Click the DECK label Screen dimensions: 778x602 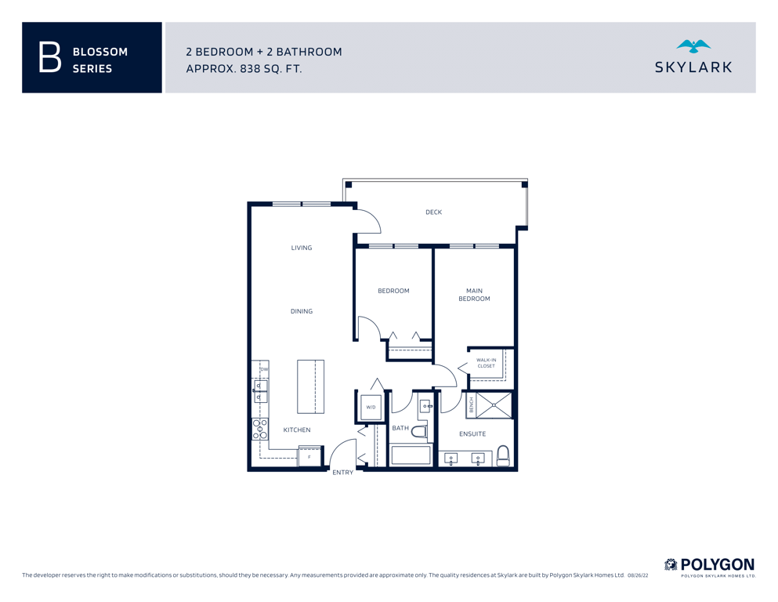pos(433,212)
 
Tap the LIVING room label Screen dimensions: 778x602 pos(302,248)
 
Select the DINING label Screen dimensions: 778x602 pos(302,311)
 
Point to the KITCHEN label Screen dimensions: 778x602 pos(297,430)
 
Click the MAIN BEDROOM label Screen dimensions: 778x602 pos(474,295)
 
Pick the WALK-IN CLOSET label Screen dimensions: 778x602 pos(487,363)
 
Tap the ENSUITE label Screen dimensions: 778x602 pos(472,433)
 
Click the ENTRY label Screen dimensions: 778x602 pos(343,473)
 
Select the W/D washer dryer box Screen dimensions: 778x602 pos(371,408)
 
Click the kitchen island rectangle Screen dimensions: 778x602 pos(310,386)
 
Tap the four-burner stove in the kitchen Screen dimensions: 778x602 pos(260,430)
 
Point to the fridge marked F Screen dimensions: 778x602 pos(309,456)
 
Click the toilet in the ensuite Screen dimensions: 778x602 pos(503,455)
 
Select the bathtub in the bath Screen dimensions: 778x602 pos(411,455)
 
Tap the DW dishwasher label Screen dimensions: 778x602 pos(265,369)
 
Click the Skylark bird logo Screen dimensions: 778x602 pos(693,47)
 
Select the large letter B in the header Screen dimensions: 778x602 pos(49,57)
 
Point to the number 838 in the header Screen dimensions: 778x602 pos(251,68)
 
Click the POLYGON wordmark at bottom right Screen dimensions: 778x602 pos(718,565)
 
